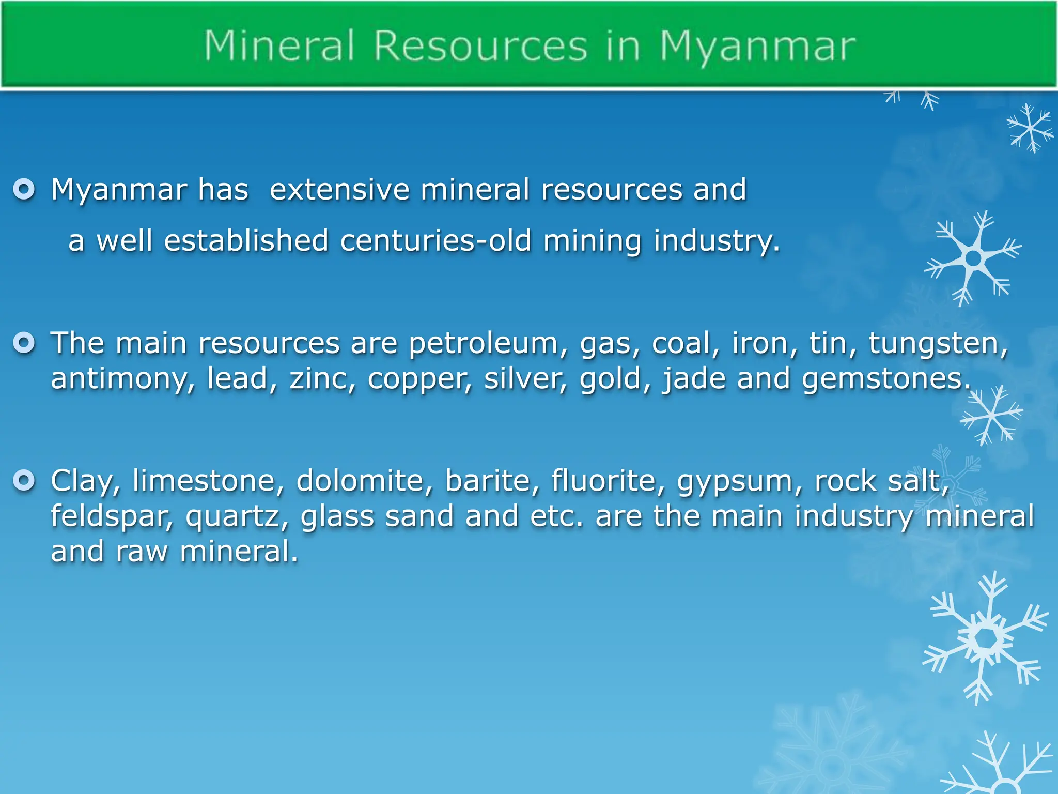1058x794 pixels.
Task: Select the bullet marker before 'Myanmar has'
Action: pos(24,189)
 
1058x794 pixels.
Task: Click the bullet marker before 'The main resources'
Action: pos(24,343)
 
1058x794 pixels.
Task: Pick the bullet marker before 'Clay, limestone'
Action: pos(24,480)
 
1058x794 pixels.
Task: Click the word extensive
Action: pos(339,189)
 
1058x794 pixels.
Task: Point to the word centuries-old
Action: pos(435,241)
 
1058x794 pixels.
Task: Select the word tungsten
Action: pos(937,344)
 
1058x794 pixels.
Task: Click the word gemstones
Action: pos(886,379)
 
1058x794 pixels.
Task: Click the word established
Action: pos(246,241)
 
